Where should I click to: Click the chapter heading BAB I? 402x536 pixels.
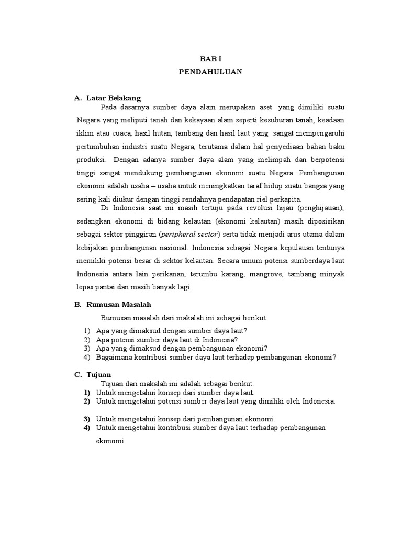209,60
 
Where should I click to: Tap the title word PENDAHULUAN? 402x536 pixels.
209,72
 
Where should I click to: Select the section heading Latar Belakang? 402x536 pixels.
114,98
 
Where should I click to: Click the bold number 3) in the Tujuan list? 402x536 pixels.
86,419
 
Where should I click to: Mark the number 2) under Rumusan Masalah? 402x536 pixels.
86,339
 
